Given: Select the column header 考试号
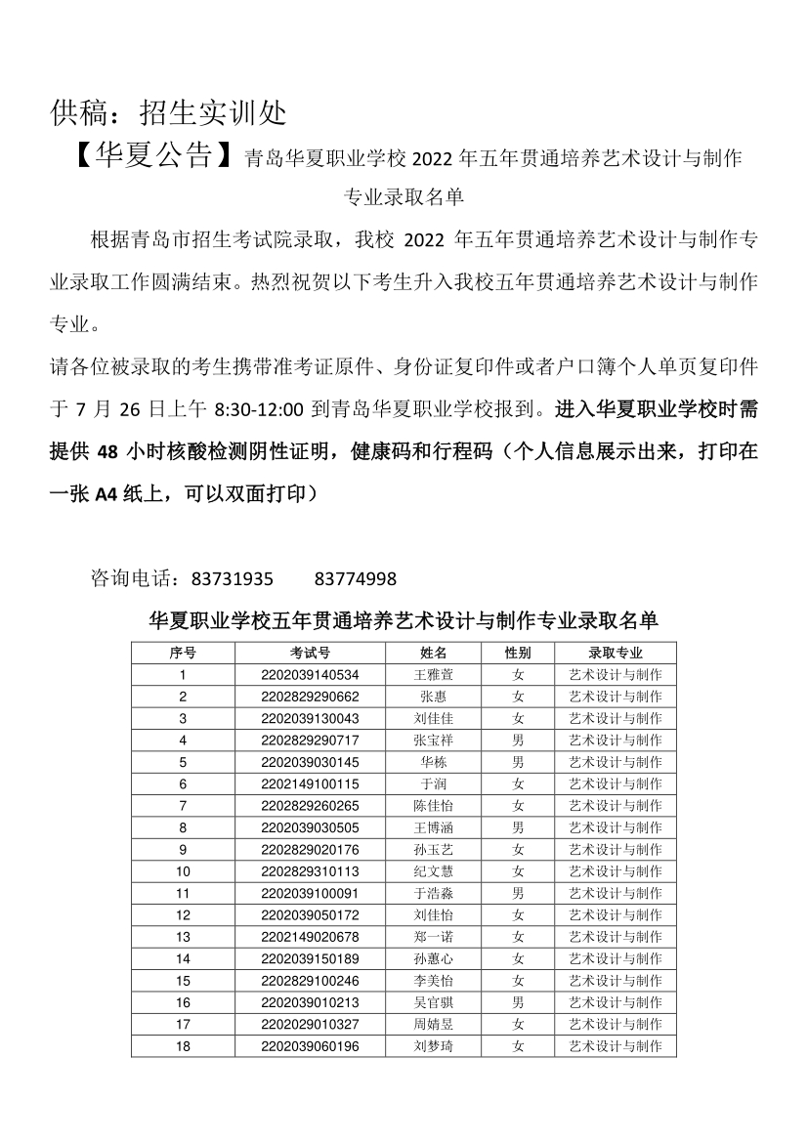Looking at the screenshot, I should pos(310,653).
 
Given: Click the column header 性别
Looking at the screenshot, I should pos(518,653).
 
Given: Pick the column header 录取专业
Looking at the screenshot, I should pos(616,653).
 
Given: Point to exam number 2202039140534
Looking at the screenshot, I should pos(310,675).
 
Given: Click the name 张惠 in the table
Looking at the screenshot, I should pos(433,697).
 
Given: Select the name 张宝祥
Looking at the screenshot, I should pos(433,741).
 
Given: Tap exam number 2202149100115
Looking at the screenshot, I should pos(310,783).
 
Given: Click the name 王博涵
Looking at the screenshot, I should pos(433,827).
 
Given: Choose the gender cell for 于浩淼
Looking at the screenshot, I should pos(518,893).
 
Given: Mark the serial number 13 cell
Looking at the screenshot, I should pos(183,937).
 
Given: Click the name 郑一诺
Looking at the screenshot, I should pos(433,937).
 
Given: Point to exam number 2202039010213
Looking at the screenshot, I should pos(310,1002).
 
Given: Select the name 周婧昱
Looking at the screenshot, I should pos(433,1024).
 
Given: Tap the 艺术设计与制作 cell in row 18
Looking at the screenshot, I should pos(616,1046).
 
